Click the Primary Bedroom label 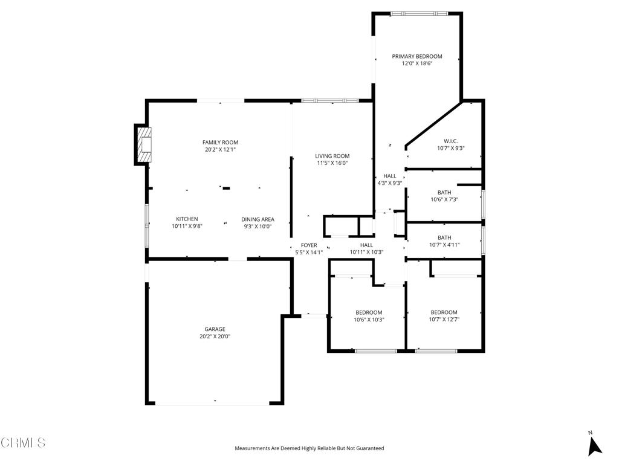[417, 56]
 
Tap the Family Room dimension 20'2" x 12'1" [220, 149]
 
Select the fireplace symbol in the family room [143, 145]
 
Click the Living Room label [332, 156]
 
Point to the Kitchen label [187, 219]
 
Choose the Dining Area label [258, 219]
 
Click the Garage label [215, 329]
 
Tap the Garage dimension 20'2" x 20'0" [215, 337]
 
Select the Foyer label [309, 245]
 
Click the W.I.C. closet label [451, 141]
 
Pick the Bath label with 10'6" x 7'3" [444, 193]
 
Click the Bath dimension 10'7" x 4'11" [444, 245]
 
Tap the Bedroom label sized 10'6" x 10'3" [369, 312]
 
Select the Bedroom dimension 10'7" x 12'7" [444, 320]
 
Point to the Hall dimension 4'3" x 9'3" [389, 183]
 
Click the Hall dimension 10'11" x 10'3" [366, 252]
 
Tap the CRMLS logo [23, 443]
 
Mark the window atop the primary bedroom [419, 13]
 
